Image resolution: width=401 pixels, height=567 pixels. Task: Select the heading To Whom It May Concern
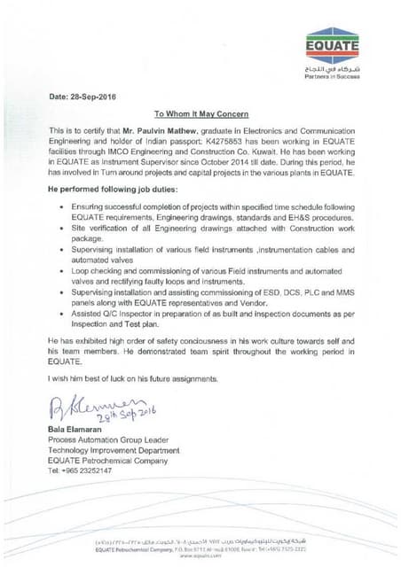tap(201, 114)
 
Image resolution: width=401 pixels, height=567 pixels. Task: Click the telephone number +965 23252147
tap(80, 470)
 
